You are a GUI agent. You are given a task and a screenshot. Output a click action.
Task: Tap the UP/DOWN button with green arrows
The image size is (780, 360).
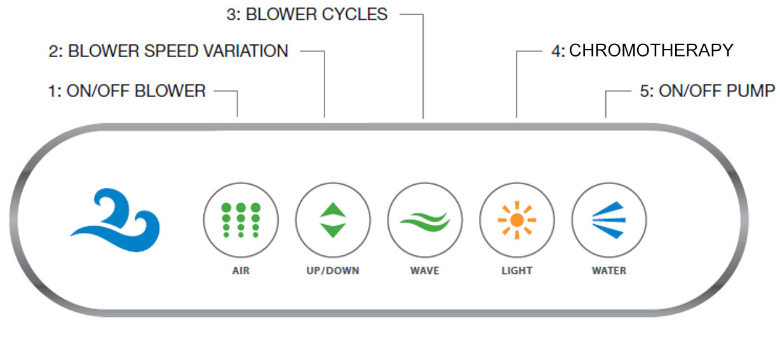[x=332, y=220]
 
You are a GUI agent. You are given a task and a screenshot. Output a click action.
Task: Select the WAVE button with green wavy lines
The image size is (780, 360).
[x=424, y=220]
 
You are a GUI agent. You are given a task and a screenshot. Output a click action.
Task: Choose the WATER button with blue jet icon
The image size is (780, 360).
[x=609, y=220]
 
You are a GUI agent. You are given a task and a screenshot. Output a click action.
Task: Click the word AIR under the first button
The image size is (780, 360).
[x=241, y=271]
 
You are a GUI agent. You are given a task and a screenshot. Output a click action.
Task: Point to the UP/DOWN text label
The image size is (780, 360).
[x=332, y=271]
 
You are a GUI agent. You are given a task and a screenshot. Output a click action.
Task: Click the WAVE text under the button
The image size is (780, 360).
[x=424, y=271]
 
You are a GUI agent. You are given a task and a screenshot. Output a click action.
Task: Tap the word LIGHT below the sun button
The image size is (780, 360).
[x=516, y=271]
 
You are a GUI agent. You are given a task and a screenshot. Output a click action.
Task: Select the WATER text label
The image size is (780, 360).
[x=609, y=271]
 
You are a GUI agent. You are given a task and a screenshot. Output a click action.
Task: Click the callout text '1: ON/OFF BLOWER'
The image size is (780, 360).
[x=127, y=91]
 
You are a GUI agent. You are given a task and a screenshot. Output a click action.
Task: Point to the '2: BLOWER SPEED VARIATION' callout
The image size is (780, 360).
[x=168, y=51]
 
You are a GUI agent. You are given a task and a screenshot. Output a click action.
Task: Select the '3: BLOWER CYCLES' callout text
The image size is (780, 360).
[x=307, y=15]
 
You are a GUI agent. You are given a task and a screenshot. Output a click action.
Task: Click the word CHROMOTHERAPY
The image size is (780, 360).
[x=650, y=51]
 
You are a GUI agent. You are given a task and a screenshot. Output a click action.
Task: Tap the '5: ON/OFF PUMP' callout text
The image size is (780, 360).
[x=707, y=91]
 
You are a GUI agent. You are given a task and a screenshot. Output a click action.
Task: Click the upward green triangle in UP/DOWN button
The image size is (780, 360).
[x=332, y=210]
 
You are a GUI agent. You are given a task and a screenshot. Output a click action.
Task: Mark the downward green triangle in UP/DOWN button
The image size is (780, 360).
[x=332, y=230]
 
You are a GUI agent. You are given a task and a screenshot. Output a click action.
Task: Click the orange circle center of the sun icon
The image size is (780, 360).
[x=516, y=220]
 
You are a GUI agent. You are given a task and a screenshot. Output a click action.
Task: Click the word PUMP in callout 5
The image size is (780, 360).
[x=753, y=91]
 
